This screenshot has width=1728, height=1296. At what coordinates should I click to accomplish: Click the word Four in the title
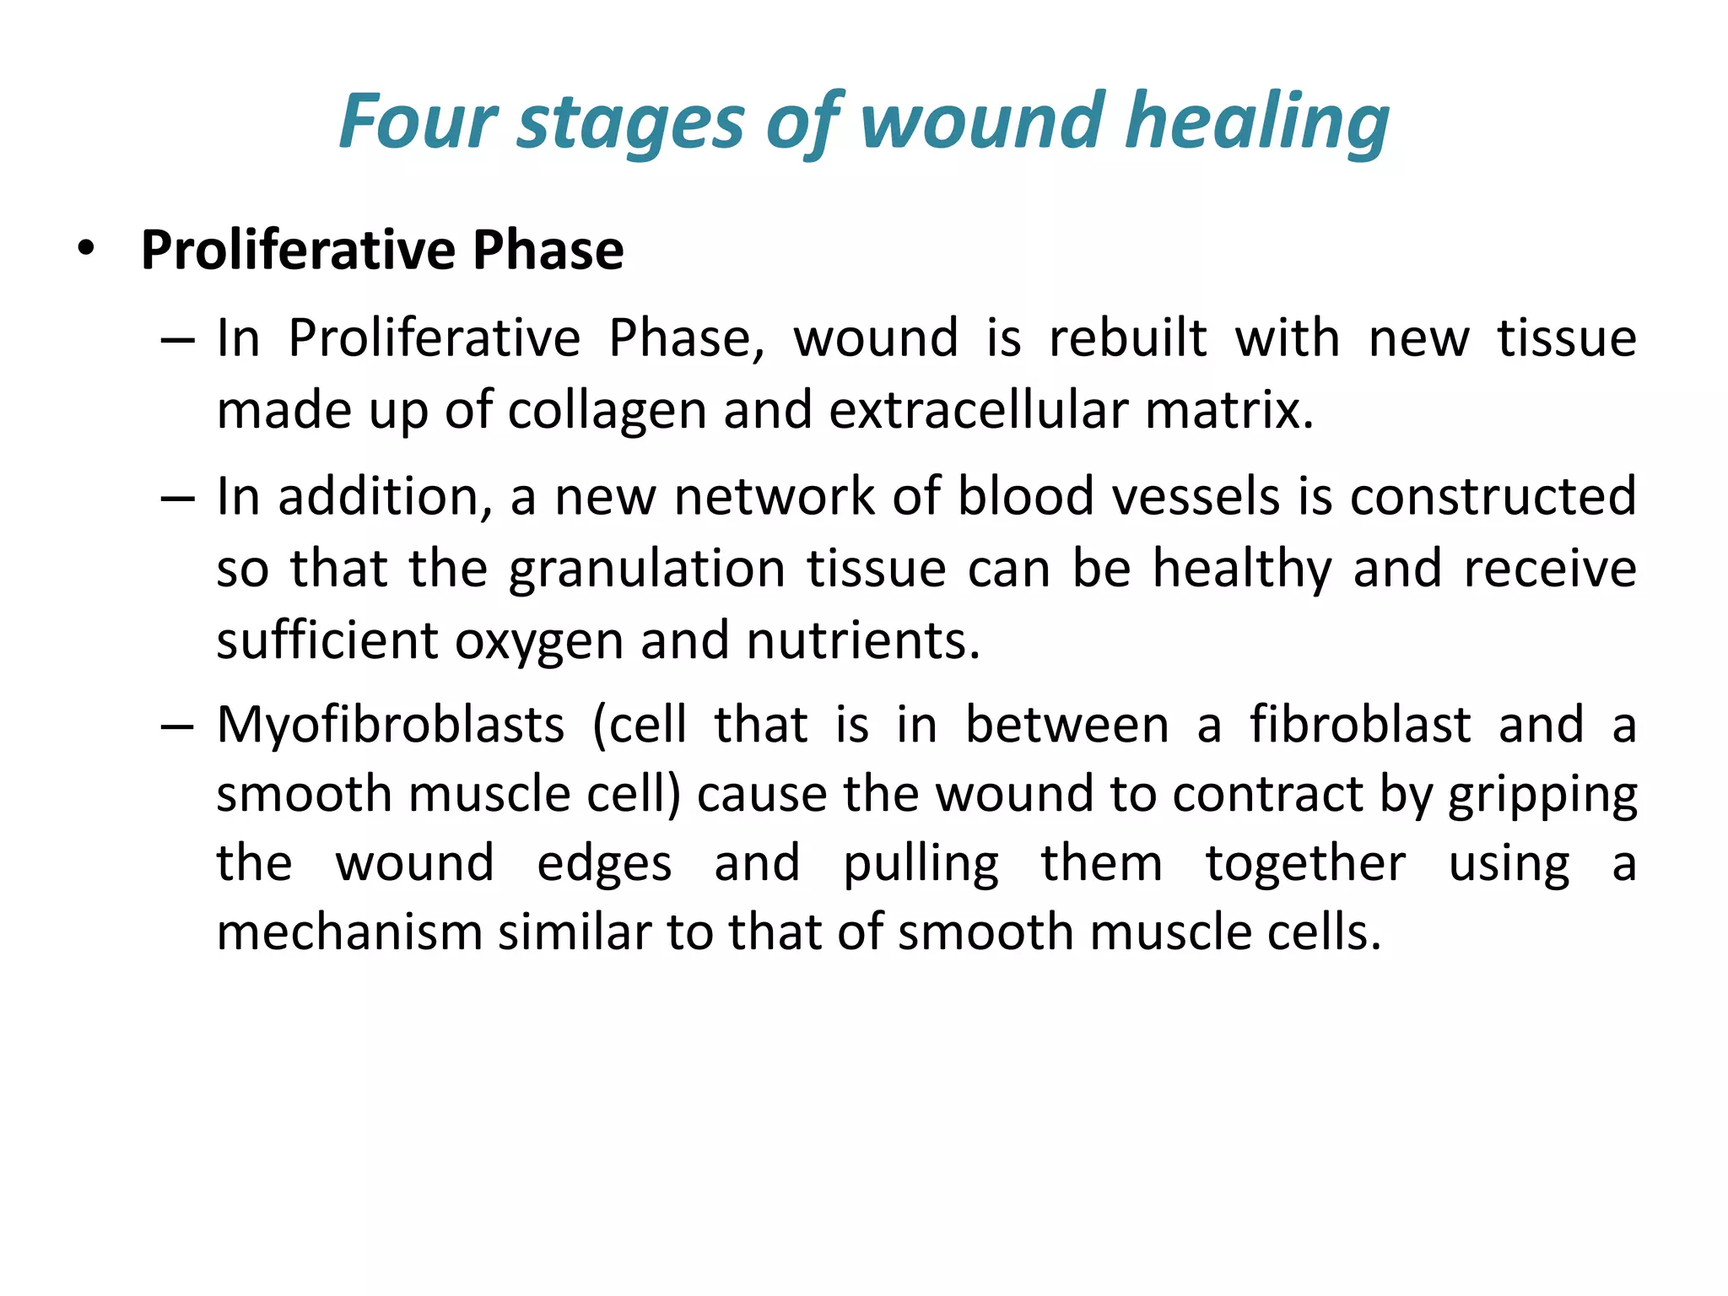(x=418, y=121)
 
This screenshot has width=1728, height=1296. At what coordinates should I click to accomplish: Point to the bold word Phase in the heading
(x=548, y=250)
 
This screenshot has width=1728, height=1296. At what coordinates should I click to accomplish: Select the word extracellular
(x=977, y=410)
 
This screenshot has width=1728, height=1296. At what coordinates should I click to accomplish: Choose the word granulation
(x=647, y=570)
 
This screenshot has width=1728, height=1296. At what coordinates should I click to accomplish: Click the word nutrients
(x=863, y=640)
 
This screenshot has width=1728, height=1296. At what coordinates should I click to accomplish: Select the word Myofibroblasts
(x=391, y=725)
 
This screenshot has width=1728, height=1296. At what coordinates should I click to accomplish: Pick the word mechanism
(x=348, y=933)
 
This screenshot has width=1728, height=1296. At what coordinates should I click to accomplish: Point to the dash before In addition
(x=177, y=498)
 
